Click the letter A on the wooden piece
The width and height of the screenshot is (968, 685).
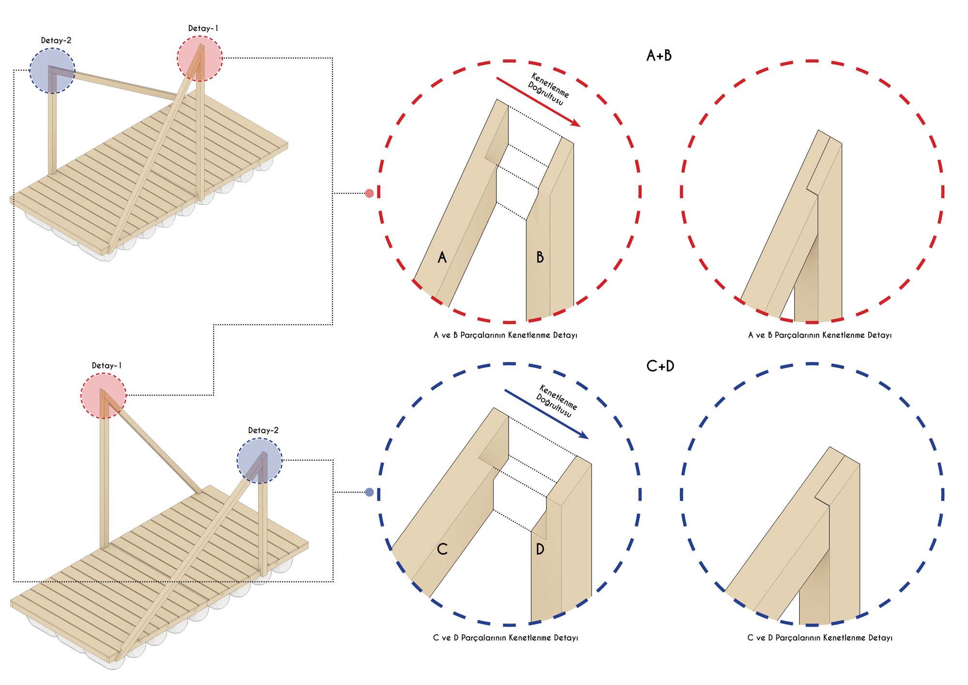(441, 257)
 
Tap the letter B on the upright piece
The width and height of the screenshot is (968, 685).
(540, 257)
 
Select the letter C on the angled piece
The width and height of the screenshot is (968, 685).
(442, 549)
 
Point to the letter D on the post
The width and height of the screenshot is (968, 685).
(540, 549)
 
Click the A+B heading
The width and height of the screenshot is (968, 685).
(659, 56)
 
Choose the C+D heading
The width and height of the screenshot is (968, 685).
(660, 366)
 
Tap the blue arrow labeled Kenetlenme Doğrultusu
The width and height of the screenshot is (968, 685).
(546, 414)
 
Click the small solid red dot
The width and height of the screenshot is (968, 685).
(369, 193)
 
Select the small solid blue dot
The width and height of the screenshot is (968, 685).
(369, 492)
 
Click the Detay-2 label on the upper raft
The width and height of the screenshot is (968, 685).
(56, 41)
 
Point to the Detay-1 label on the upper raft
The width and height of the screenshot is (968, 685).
(203, 29)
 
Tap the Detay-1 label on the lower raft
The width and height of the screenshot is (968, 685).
(107, 366)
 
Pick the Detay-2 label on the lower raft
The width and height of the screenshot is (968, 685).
(263, 430)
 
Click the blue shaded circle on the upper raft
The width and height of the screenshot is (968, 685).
(52, 71)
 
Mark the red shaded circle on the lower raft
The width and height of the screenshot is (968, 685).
(103, 395)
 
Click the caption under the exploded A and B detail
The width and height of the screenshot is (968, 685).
(505, 335)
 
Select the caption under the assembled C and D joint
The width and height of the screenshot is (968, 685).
(819, 638)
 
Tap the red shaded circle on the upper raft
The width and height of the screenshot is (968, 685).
(199, 59)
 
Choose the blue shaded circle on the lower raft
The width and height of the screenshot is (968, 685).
(259, 461)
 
